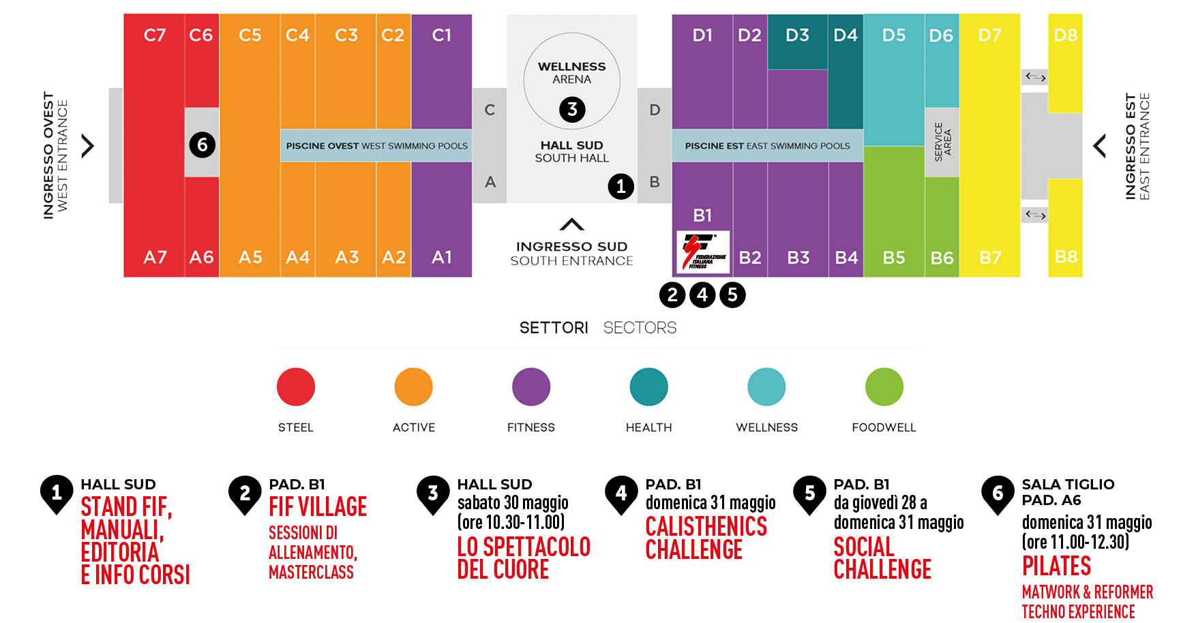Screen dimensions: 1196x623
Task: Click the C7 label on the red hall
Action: (155, 35)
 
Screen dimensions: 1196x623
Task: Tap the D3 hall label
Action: (797, 35)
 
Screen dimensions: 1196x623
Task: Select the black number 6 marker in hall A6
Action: (202, 145)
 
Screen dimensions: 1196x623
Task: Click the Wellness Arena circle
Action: (572, 81)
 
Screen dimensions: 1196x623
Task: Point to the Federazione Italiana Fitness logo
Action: (703, 252)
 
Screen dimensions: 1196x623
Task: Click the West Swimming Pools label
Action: (376, 146)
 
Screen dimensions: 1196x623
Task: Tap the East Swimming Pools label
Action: (768, 146)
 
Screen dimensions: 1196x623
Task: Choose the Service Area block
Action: (942, 142)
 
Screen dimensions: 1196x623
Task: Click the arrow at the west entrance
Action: (88, 146)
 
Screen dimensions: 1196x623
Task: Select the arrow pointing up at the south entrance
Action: (572, 224)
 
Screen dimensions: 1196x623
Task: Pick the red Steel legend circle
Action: (296, 386)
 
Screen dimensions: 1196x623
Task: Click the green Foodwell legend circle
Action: (884, 386)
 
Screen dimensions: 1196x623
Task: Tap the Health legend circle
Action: (649, 386)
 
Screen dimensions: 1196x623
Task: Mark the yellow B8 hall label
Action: (1066, 256)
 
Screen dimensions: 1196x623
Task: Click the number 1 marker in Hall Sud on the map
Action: (621, 186)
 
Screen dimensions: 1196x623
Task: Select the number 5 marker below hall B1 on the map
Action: (732, 294)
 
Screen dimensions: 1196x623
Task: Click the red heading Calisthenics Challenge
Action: (706, 538)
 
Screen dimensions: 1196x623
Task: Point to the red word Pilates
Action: (1056, 566)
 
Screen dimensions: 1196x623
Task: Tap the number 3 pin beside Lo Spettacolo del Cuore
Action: (433, 494)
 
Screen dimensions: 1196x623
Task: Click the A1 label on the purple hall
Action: (442, 257)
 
